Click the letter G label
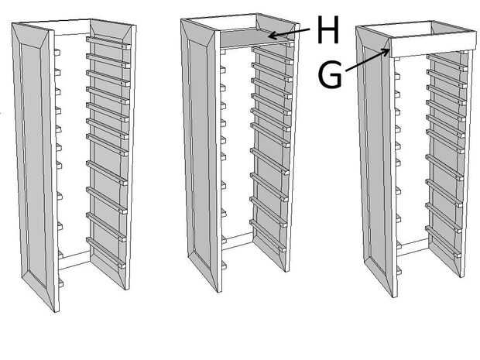[x=331, y=76]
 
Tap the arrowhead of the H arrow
[x=270, y=35]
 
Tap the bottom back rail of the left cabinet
[x=74, y=259]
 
